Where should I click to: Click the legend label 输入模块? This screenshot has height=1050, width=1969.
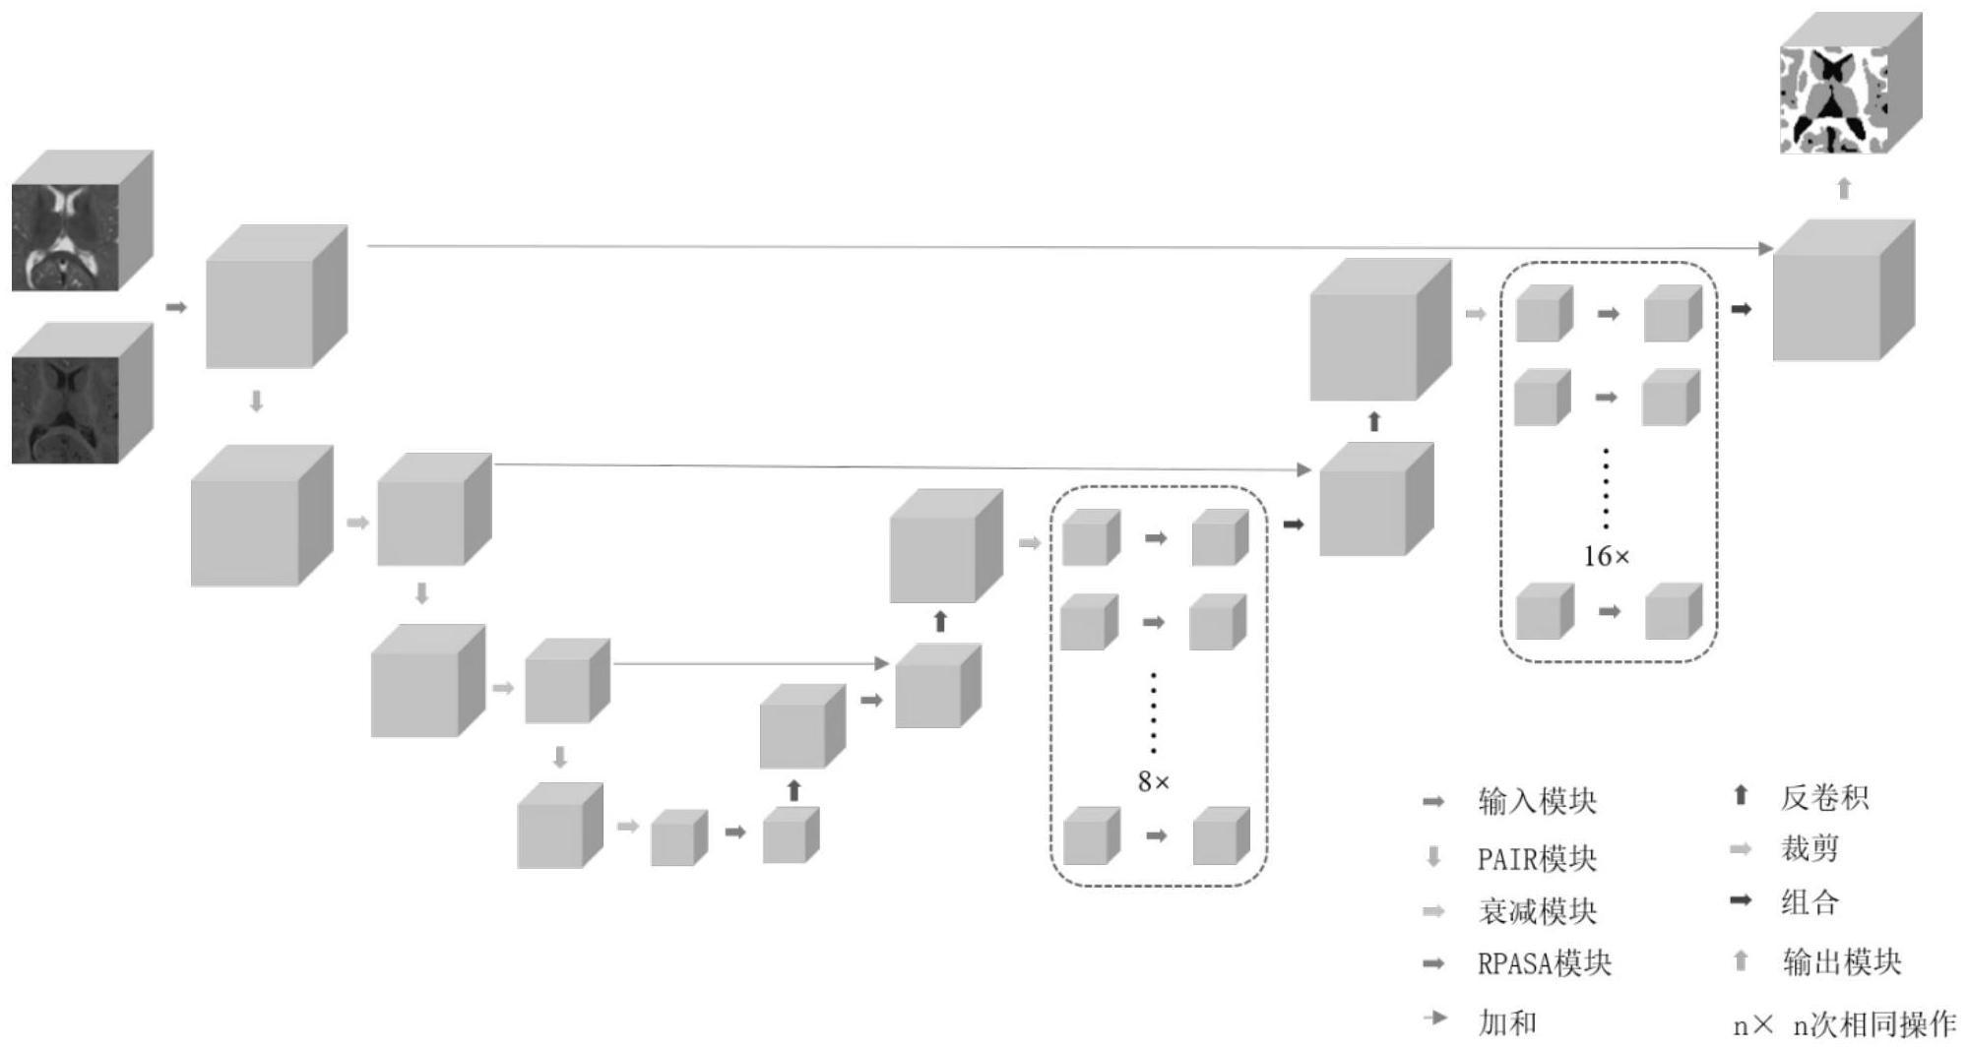(x=1537, y=801)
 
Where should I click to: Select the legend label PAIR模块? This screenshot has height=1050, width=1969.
(x=1536, y=858)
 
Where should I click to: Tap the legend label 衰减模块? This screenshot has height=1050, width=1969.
(x=1537, y=911)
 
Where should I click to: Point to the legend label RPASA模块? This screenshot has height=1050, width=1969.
(x=1544, y=963)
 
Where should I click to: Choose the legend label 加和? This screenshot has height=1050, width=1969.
(x=1507, y=1022)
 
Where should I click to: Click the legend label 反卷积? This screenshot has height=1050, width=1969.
(x=1823, y=796)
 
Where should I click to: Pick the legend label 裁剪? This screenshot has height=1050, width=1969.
(x=1810, y=848)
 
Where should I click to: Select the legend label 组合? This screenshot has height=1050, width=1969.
(x=1810, y=901)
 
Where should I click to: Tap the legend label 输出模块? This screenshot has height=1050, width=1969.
(x=1841, y=961)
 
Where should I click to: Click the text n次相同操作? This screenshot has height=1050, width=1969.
(x=1874, y=1024)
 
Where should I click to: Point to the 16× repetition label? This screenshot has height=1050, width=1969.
(x=1606, y=557)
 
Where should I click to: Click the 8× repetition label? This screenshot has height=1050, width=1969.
(x=1154, y=782)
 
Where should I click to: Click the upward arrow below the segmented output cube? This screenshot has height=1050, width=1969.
(x=1844, y=188)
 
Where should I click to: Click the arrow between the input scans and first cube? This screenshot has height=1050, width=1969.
(x=176, y=307)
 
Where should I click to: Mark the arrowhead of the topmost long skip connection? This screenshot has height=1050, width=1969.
(x=1765, y=249)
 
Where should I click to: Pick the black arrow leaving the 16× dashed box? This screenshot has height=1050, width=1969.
(x=1741, y=309)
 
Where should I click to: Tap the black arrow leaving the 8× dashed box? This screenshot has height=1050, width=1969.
(x=1293, y=525)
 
